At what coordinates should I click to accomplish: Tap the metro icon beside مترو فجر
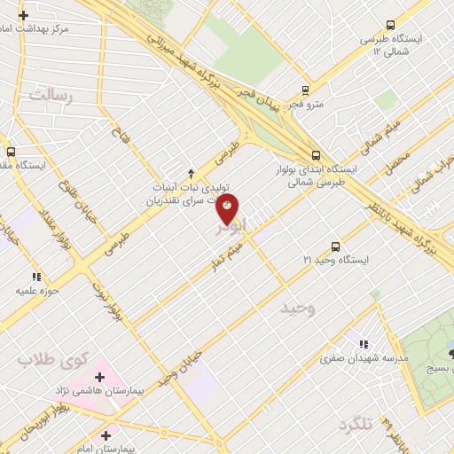click(x=305, y=90)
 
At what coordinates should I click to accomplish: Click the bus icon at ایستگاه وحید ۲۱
click(x=335, y=246)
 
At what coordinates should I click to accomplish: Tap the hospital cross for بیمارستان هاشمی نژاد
click(x=99, y=378)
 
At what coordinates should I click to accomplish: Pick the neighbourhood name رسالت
click(x=49, y=93)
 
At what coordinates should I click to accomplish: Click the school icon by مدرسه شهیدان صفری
click(x=362, y=344)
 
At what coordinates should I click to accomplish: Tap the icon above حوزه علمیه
click(x=36, y=276)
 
